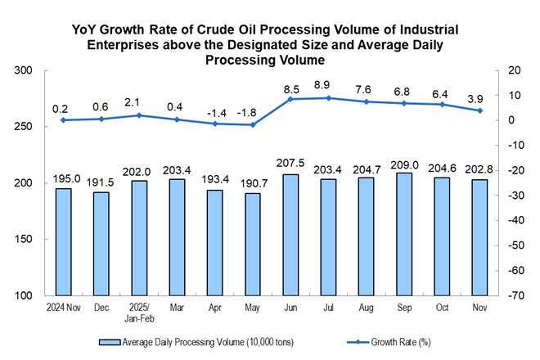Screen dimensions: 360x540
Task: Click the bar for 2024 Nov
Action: click(x=64, y=242)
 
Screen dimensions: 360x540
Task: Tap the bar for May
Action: click(x=253, y=244)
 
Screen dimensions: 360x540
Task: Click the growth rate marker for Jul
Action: click(x=328, y=98)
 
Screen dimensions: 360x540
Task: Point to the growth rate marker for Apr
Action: click(x=215, y=124)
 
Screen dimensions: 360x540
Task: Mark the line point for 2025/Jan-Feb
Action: click(x=139, y=115)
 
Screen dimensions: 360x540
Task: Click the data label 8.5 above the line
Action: click(x=290, y=88)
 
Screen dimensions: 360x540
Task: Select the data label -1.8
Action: click(x=253, y=111)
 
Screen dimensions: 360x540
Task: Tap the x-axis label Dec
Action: click(x=101, y=307)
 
